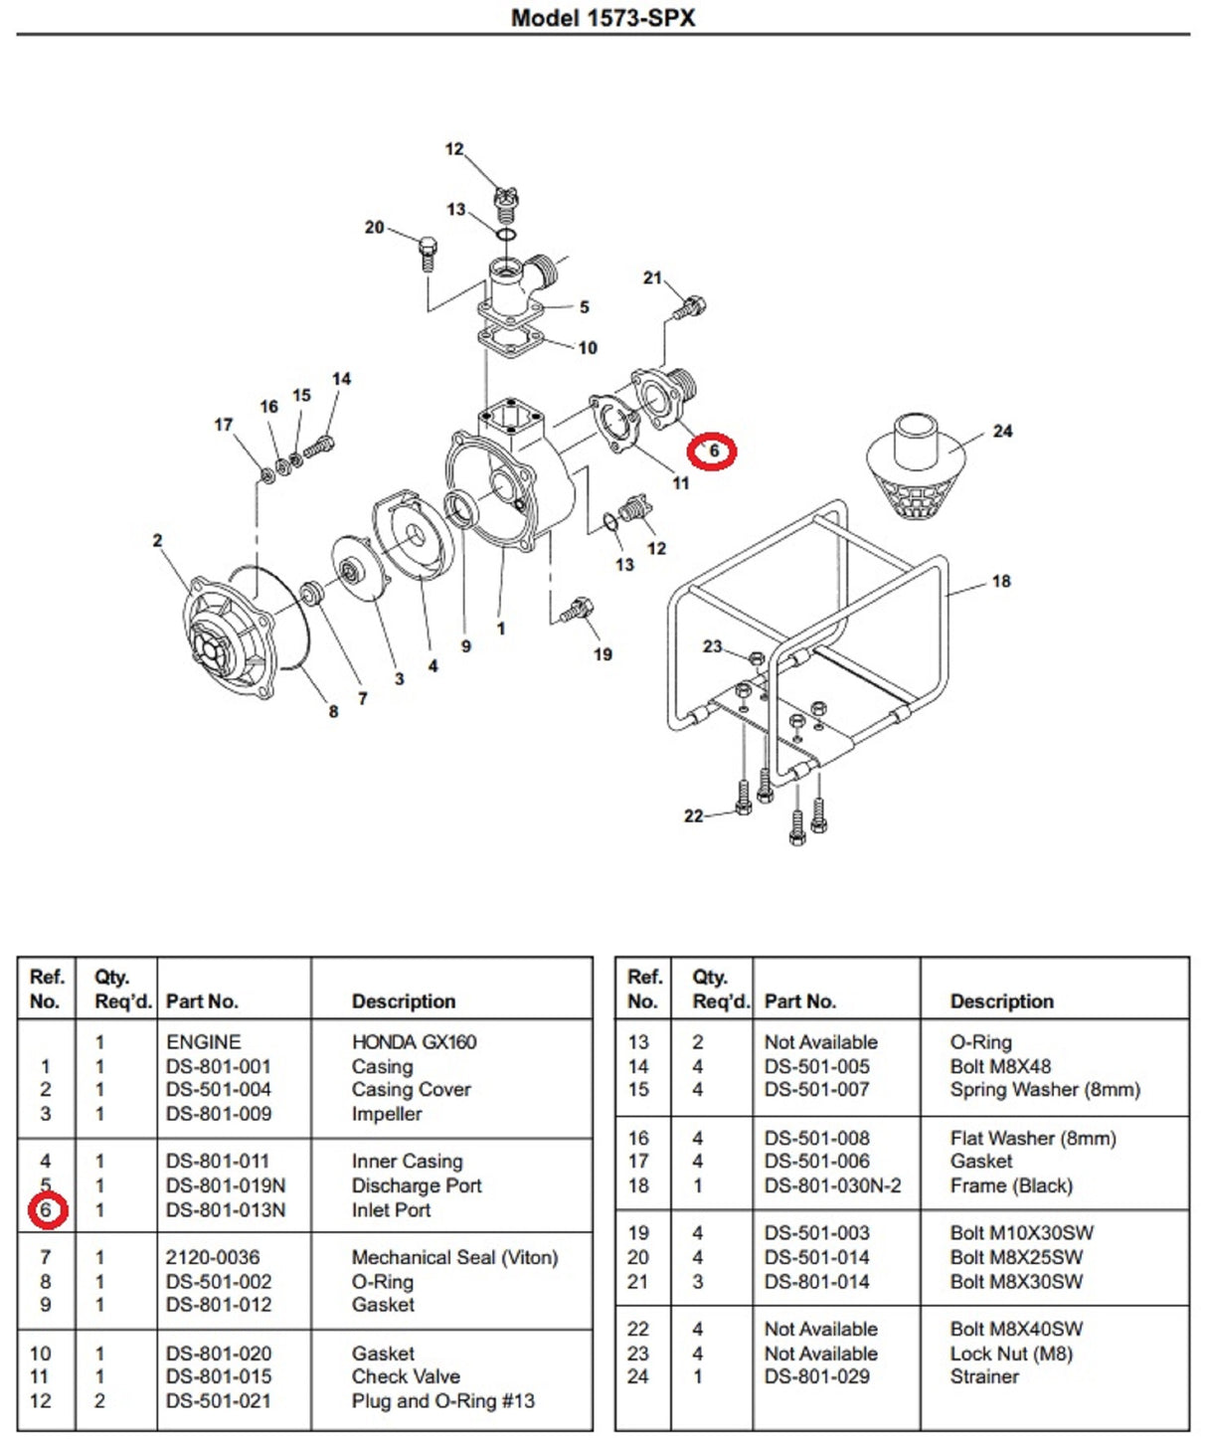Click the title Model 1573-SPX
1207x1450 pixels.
603,18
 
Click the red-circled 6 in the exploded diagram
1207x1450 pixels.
712,452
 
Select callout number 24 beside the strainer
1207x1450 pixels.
1002,432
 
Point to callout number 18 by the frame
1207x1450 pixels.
1001,581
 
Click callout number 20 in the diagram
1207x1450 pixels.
374,228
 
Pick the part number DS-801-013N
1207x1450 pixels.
226,1210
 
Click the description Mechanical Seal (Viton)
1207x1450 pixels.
454,1258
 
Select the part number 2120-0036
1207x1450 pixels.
213,1258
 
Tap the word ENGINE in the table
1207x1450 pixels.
204,1042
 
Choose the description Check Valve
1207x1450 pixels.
406,1377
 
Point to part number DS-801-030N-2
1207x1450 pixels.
833,1185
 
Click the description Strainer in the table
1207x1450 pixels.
984,1377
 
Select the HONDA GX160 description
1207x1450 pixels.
414,1042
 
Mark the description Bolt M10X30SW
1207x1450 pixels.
1021,1233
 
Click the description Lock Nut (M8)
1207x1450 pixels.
1011,1354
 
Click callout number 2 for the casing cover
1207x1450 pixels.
157,541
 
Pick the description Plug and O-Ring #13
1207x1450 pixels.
442,1401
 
